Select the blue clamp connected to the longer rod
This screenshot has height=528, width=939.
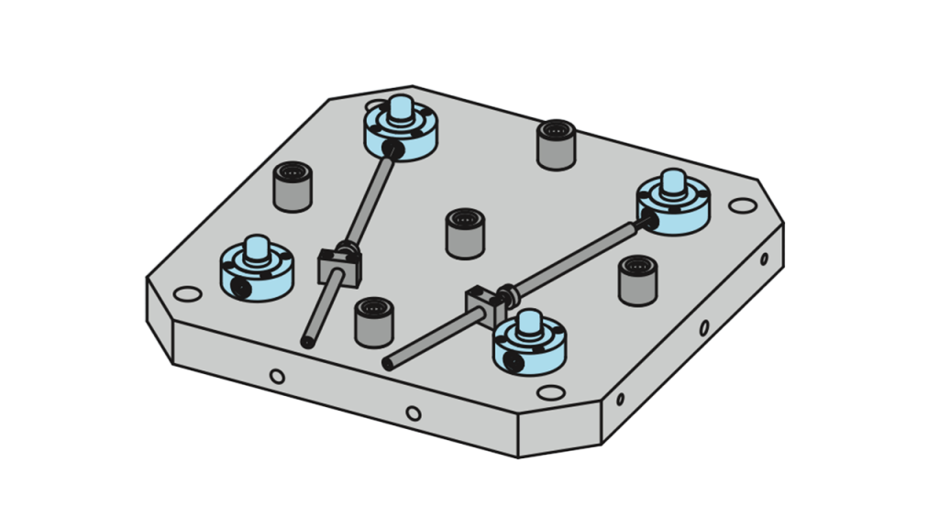tap(674, 204)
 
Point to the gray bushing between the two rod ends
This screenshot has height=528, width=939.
tap(373, 320)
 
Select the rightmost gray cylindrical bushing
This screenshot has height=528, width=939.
tap(636, 280)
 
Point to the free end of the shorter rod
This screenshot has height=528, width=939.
tap(305, 342)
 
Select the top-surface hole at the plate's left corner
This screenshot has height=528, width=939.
tap(187, 294)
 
